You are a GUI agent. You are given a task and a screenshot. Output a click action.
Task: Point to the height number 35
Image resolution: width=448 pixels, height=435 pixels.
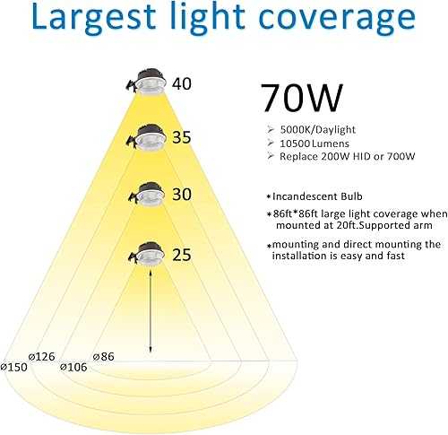tap(183, 139)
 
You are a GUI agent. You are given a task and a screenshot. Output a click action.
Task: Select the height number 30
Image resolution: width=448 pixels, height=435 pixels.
tap(183, 193)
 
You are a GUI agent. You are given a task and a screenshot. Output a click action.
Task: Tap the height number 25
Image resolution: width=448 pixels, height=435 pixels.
tap(183, 256)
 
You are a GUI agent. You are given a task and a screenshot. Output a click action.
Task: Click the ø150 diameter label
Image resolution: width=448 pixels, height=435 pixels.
tap(16, 366)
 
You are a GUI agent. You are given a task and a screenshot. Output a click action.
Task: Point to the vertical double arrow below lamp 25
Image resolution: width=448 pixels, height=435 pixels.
tap(150, 309)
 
